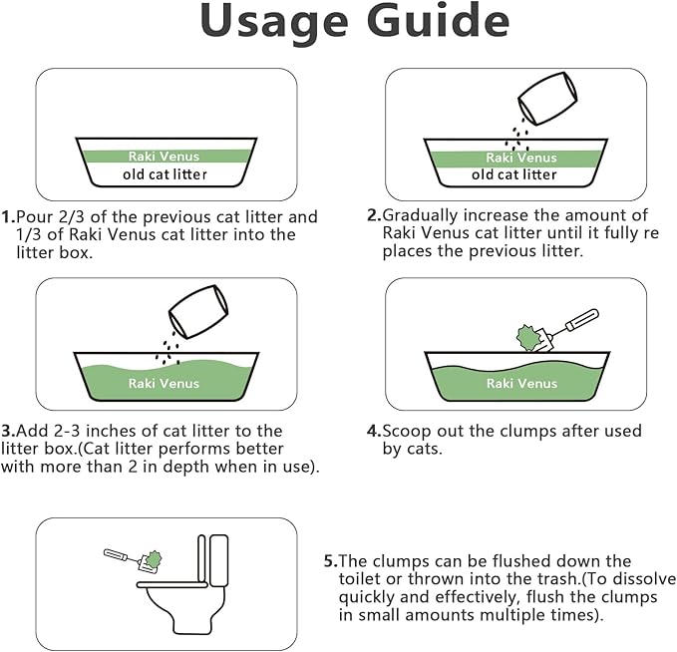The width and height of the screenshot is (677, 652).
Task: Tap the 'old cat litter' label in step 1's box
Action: pyautogui.click(x=166, y=174)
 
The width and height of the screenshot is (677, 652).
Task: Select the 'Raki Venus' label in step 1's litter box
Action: pyautogui.click(x=166, y=157)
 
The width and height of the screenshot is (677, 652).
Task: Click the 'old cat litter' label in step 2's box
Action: pyautogui.click(x=514, y=174)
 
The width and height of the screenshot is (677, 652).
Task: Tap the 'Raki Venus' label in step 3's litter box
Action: pyautogui.click(x=165, y=383)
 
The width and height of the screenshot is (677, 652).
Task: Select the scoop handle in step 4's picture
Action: pyautogui.click(x=577, y=323)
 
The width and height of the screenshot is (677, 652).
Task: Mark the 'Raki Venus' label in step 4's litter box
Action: pyautogui.click(x=514, y=383)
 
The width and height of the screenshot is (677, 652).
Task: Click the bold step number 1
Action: pyautogui.click(x=7, y=216)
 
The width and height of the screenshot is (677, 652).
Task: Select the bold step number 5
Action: pyautogui.click(x=330, y=561)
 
